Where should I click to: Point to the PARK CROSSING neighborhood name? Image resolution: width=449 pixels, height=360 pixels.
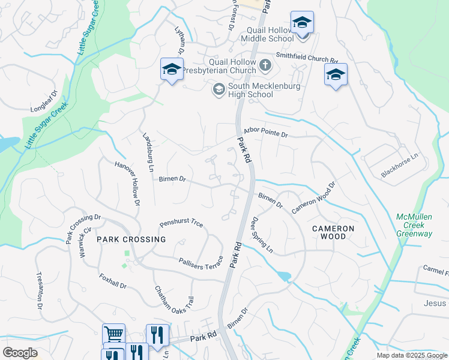coord(131,239)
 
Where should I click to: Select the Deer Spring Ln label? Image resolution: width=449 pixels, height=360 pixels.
coord(262,235)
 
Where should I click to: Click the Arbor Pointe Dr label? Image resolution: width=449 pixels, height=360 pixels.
coord(267,131)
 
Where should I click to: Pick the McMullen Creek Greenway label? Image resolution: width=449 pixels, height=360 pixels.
coord(414,225)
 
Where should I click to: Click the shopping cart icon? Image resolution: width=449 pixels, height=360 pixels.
coord(113,334)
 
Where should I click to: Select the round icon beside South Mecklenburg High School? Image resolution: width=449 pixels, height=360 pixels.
coord(218,90)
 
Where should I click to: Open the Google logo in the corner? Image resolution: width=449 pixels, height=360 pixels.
coord(20,353)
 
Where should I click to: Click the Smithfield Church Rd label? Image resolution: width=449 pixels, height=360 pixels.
coord(308,58)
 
